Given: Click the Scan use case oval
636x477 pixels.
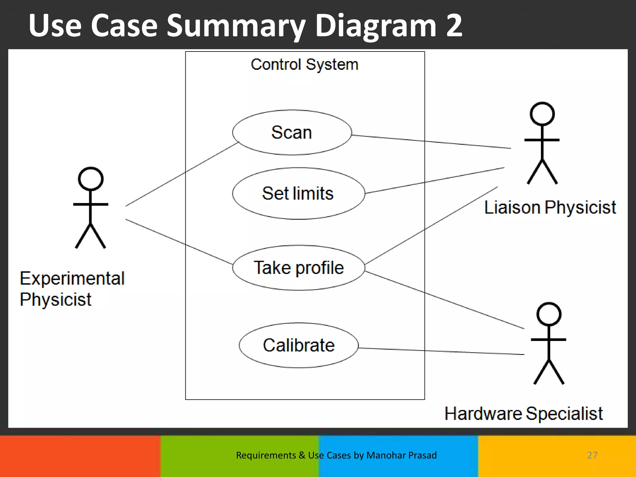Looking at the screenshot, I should [292, 133].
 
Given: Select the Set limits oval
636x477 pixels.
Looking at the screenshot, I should [298, 193].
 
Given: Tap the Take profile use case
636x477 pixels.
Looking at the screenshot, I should [298, 268].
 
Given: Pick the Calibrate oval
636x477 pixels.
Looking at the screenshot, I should [298, 345].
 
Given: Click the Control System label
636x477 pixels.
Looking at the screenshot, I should [304, 65].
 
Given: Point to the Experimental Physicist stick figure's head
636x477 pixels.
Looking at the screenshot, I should [90, 179].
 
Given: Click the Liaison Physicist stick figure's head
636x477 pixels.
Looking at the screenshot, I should [542, 114].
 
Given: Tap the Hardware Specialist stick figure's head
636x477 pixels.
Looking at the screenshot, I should [549, 314].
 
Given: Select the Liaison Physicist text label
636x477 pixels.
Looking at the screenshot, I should [550, 207].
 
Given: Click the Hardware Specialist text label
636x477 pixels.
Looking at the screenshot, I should [524, 414].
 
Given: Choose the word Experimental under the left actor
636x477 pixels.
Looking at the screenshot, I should [72, 278].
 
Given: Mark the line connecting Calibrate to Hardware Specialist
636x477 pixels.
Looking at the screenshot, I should [441, 351].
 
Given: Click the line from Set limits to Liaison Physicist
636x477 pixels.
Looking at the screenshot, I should [435, 181].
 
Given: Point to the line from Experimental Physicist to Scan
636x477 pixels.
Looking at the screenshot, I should [182, 175].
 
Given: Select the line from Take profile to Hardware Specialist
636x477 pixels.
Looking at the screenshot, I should [444, 300].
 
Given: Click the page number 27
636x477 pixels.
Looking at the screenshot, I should [592, 455].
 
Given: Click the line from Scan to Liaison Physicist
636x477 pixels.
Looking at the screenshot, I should [432, 142].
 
